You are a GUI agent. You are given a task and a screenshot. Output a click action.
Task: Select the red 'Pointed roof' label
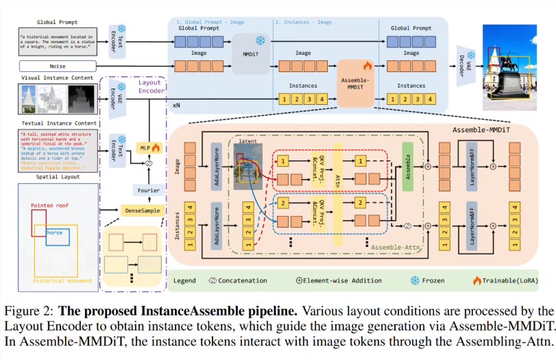point(51,204)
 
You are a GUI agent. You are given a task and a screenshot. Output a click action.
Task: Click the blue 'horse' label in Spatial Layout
point(55,232)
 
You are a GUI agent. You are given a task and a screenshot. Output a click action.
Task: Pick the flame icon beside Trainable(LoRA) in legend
point(476,280)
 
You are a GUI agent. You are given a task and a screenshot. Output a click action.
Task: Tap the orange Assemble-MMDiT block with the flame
point(355,84)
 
